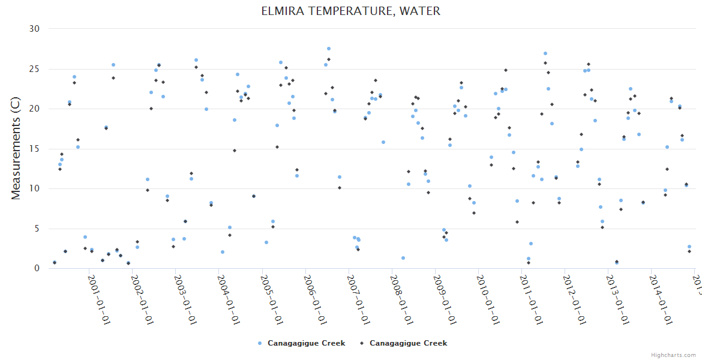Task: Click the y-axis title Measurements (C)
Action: coord(16,149)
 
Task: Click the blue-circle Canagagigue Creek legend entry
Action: coord(302,343)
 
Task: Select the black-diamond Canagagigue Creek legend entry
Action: coord(404,343)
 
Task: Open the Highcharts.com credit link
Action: coord(673,355)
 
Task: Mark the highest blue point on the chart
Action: coord(329,49)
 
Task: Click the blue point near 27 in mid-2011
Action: coord(545,53)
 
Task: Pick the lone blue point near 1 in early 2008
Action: coord(403,258)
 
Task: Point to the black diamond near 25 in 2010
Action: coord(506,70)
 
